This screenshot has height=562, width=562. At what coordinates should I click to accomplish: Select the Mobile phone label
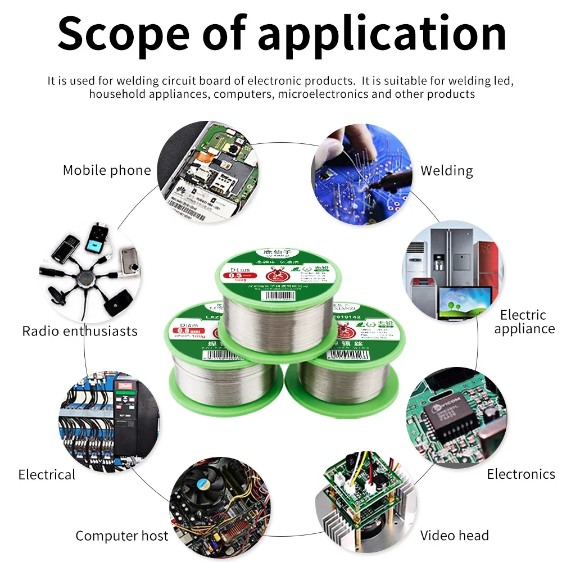coord(107,170)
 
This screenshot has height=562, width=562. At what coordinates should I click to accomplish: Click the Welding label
coord(447,170)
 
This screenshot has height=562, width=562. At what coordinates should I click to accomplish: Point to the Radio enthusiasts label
coord(80,331)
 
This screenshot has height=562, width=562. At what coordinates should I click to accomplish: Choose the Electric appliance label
coord(524,322)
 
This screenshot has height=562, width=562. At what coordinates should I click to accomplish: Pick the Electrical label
coord(47,475)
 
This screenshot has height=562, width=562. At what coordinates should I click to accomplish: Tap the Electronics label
coord(521,474)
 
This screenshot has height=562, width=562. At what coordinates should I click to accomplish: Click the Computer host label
coord(122,536)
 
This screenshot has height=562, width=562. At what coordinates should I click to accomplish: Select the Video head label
coord(455,536)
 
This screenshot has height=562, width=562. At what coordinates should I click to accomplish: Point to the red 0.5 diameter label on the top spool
coord(238,275)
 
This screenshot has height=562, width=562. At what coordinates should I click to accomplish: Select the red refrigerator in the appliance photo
coord(485,258)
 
